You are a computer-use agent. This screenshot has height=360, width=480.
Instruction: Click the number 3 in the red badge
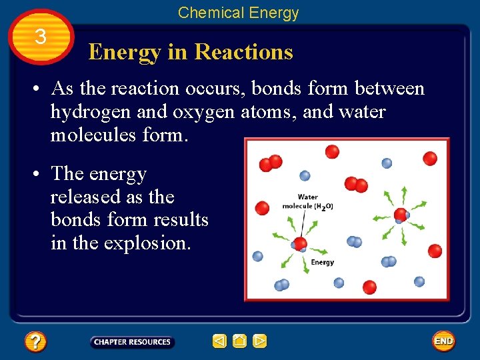40,37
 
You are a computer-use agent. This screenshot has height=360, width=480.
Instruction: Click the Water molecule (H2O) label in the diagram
307,202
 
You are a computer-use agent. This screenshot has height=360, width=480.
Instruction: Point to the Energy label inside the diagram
323,263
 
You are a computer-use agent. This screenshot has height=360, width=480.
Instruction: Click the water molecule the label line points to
300,243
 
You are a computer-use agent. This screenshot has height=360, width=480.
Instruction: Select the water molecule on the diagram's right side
400,215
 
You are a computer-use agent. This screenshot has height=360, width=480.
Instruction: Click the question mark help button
35,342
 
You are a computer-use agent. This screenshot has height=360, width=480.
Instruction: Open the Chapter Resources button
132,342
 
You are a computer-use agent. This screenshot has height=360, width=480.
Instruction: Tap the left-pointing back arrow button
219,342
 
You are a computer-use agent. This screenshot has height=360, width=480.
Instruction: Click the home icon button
239,342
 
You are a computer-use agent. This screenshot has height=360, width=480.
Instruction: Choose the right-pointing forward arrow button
260,342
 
